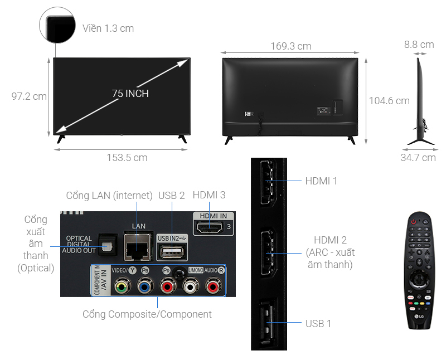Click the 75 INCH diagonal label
coord(130,94)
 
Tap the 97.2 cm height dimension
coord(29,96)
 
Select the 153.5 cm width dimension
coord(127,158)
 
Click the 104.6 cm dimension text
coord(389,101)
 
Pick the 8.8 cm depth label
coord(420,45)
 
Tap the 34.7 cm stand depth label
coord(418,158)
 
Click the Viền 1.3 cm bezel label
coord(108,28)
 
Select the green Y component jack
coord(119,287)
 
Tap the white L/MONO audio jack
coord(191,287)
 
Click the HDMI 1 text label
coord(321,181)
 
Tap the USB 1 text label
coord(318,323)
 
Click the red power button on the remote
coord(413,221)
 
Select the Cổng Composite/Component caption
coord(147,314)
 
